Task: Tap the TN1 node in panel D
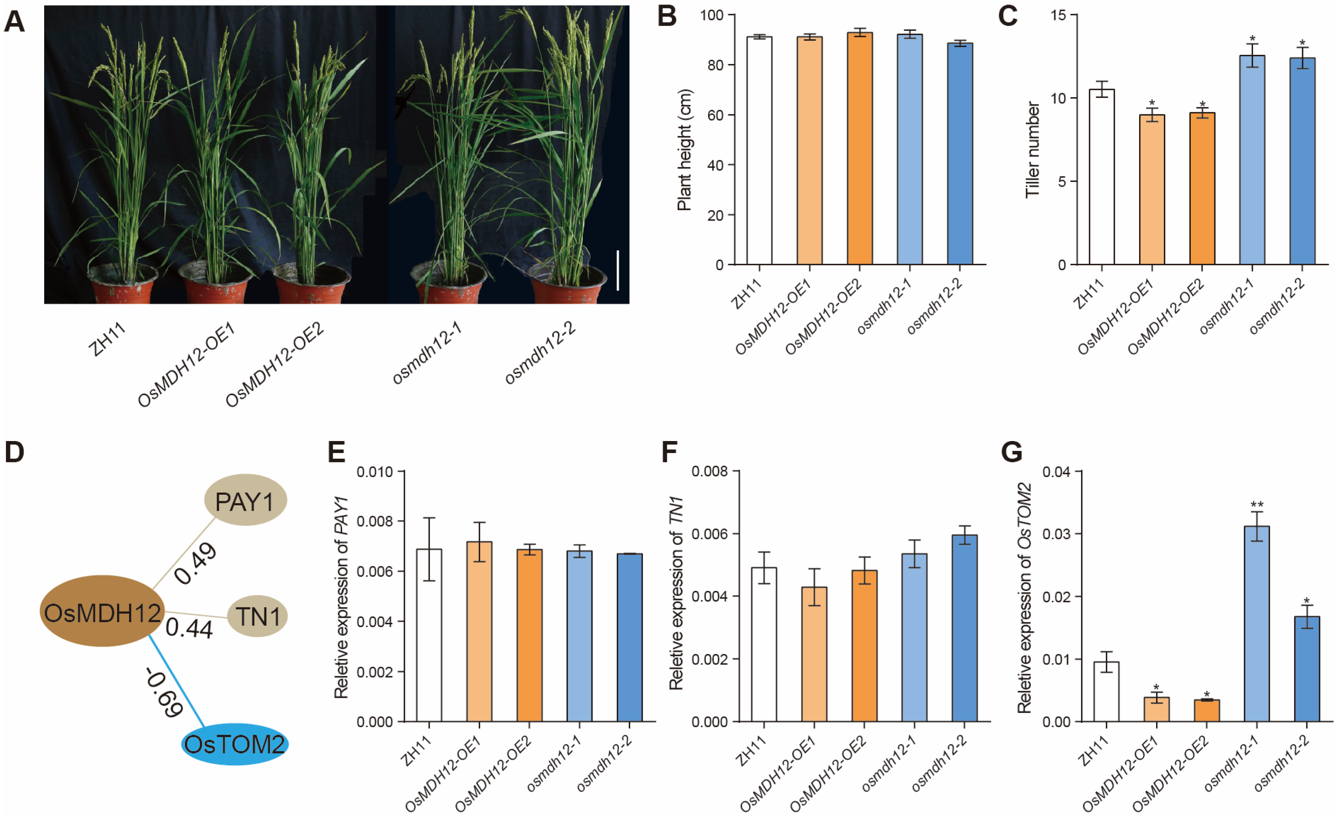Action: (257, 616)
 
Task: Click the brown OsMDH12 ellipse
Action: (102, 612)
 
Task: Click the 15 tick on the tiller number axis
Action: (1058, 15)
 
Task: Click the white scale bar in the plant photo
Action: (618, 270)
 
